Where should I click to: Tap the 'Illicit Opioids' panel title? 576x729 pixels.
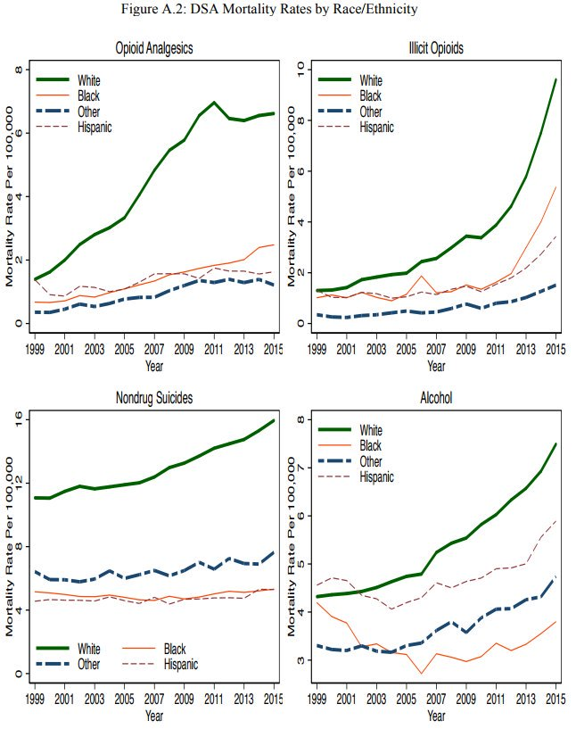tap(436, 47)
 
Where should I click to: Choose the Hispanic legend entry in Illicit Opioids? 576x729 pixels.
tap(375, 128)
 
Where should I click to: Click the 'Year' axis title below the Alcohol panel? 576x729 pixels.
tap(436, 716)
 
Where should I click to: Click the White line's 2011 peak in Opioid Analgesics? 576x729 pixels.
tap(215, 103)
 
